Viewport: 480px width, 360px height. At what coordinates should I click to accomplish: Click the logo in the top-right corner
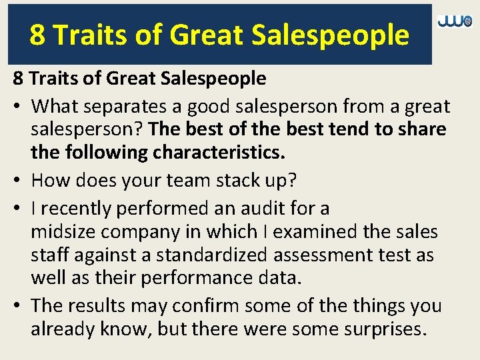[x=455, y=22]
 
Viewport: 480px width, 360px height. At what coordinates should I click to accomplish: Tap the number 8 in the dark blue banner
[x=37, y=35]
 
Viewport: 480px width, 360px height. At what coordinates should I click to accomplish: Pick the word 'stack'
[x=237, y=181]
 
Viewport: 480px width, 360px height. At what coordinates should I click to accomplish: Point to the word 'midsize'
[x=62, y=232]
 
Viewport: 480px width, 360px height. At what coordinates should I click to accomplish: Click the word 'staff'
[x=52, y=255]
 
